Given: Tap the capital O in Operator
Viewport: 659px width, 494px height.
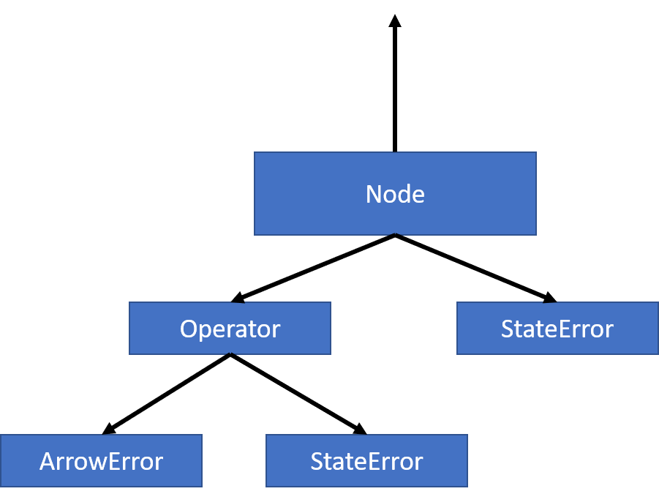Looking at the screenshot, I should [189, 329].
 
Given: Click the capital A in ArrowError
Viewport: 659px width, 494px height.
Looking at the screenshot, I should [48, 462].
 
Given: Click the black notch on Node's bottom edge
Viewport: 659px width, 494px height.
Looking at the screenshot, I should [395, 234].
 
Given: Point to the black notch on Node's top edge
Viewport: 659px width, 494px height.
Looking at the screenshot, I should [395, 152].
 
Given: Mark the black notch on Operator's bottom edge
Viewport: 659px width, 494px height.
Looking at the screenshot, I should [230, 354].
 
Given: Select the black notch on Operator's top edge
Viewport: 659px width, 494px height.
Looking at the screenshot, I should [237, 302].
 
